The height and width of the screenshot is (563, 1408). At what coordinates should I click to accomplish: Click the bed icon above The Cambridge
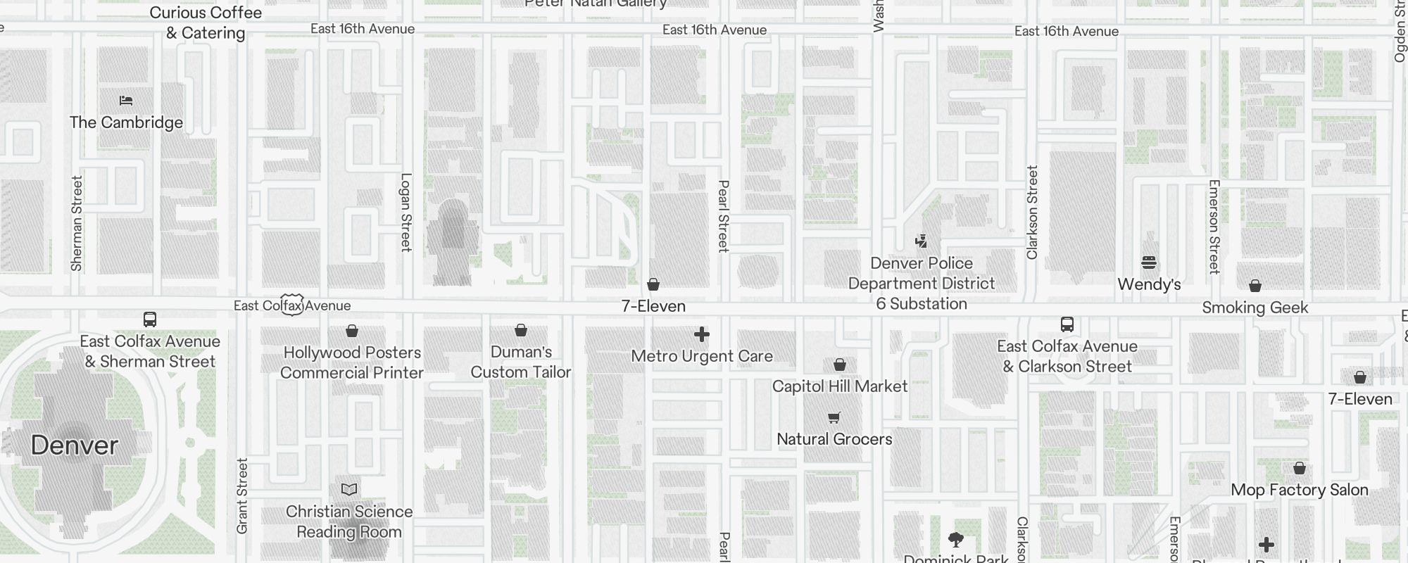coord(126,101)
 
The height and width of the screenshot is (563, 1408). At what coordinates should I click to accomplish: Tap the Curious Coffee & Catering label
coord(206,23)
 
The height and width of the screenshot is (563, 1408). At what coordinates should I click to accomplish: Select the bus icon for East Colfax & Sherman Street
coord(150,320)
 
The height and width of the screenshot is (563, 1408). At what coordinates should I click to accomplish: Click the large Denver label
coord(75,445)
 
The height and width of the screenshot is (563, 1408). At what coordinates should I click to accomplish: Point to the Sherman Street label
coord(77,223)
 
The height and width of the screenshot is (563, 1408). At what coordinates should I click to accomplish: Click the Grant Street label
coord(242,496)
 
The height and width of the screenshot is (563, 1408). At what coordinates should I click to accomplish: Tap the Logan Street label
coord(406,212)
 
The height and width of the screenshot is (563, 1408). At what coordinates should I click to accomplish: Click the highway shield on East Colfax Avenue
coord(292,305)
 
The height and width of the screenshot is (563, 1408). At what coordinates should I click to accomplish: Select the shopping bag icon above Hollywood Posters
coord(352,331)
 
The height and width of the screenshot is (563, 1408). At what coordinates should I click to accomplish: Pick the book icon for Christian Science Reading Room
coord(349,489)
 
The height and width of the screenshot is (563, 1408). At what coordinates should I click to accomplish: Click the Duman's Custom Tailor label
coord(521,362)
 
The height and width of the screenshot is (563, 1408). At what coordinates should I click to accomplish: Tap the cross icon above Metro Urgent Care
coord(702,334)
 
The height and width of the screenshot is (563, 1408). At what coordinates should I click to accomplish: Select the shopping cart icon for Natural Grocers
coord(834,418)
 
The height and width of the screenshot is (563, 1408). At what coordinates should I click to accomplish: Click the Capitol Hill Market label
coord(840,386)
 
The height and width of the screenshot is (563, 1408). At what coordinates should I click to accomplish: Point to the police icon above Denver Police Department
coord(921,241)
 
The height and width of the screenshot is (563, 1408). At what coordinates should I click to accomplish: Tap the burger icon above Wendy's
coord(1149,262)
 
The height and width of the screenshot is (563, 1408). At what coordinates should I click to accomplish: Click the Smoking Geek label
coord(1255,308)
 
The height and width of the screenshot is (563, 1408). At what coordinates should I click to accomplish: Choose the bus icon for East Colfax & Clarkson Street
coord(1067,324)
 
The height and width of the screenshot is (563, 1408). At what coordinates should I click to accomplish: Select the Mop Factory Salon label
coord(1300,490)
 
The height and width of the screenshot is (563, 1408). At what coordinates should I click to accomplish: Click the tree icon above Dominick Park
coord(956,540)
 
